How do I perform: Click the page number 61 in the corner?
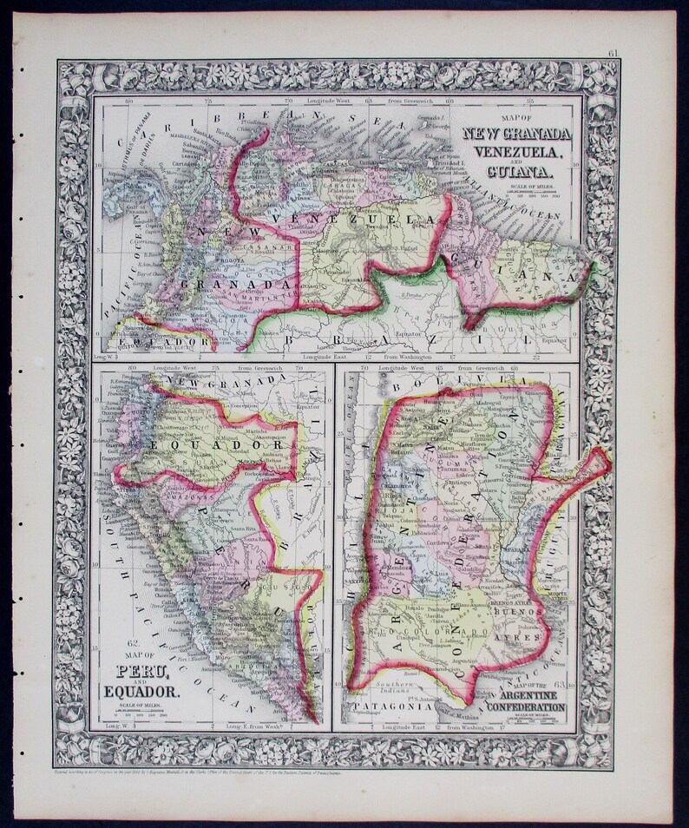613,55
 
